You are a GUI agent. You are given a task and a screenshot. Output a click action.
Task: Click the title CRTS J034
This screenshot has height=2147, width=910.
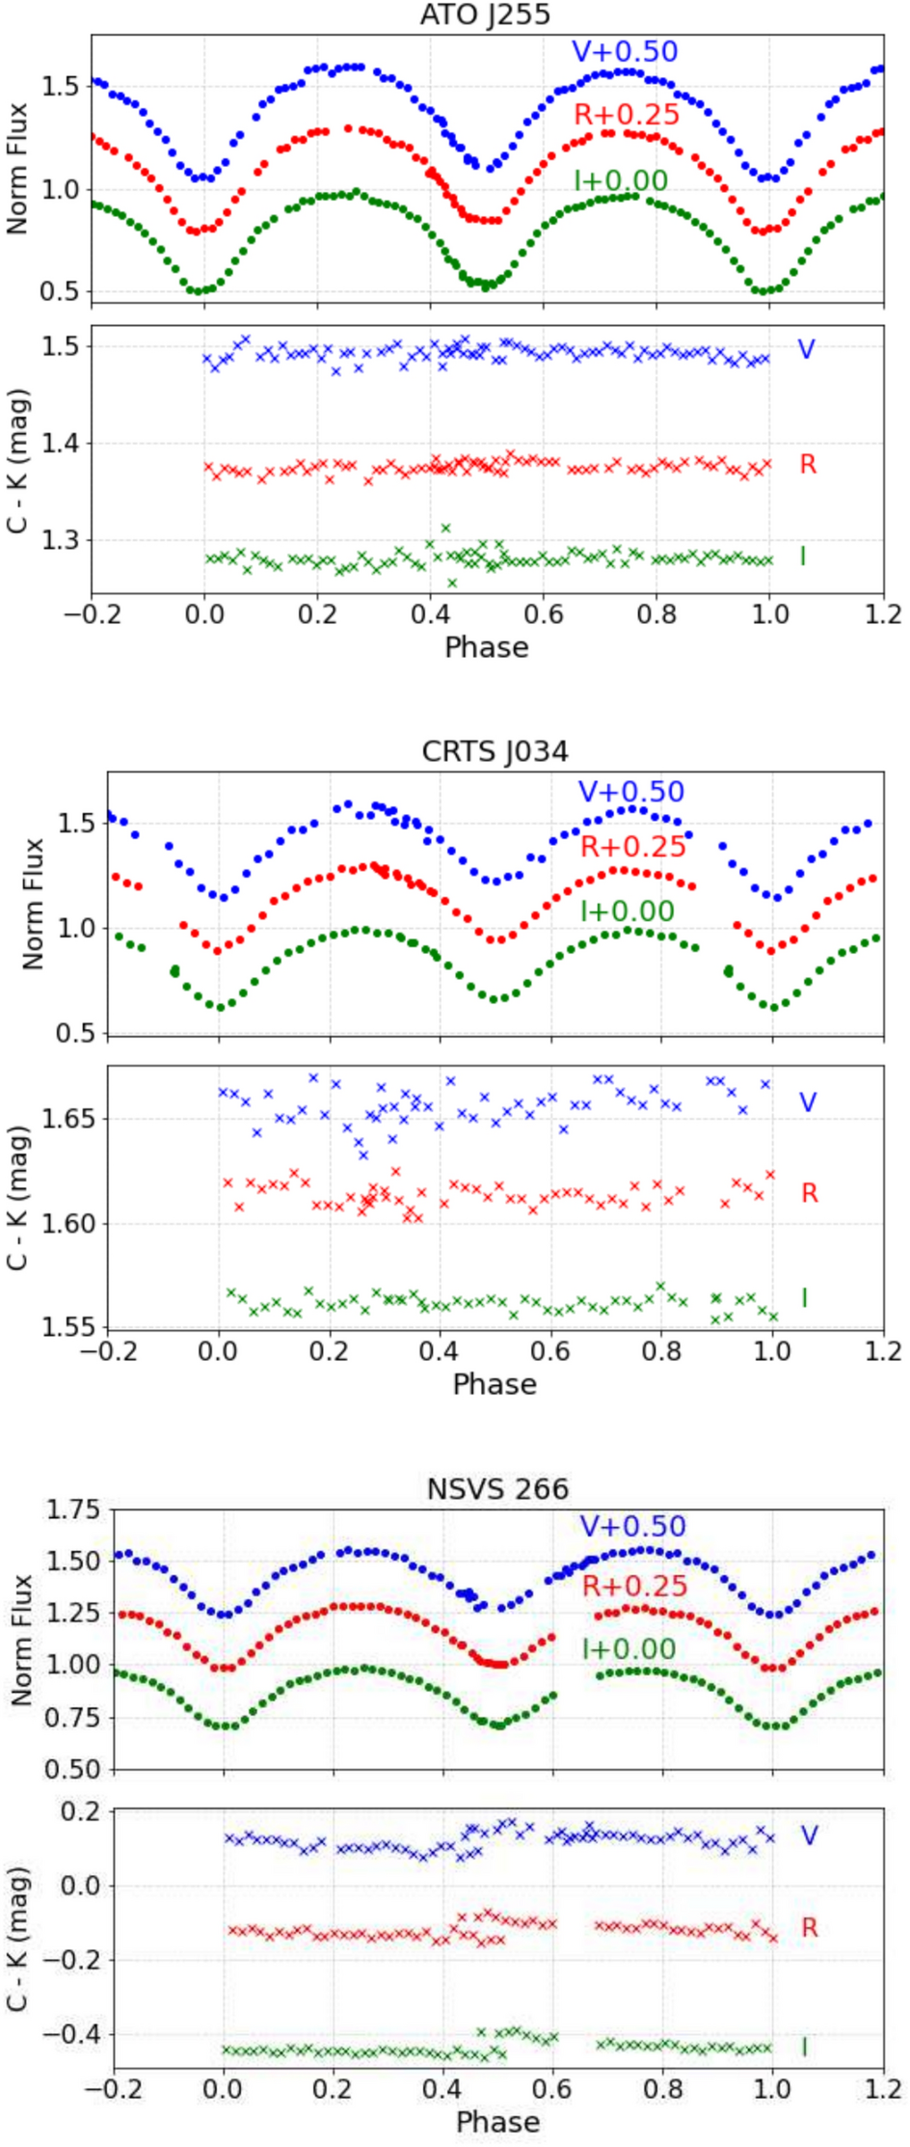pos(495,751)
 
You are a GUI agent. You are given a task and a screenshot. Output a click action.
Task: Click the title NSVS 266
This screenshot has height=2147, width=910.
pos(497,1488)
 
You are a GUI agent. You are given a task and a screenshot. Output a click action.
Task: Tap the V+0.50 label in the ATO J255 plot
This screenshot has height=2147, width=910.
pos(625,52)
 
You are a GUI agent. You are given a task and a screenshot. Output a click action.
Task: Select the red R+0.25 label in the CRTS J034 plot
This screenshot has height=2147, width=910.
pos(632,847)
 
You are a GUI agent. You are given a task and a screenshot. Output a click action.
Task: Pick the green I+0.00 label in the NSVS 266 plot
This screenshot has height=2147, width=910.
pos(628,1648)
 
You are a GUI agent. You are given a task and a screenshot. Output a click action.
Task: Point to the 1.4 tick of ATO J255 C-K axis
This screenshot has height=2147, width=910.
pos(62,444)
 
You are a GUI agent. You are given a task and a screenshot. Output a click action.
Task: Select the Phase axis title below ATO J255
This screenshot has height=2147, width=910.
pos(486,647)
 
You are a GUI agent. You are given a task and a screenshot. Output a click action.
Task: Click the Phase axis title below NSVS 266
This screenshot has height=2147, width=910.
pos(497,2122)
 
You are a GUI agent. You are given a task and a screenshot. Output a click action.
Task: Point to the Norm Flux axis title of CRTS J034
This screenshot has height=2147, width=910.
pos(33,904)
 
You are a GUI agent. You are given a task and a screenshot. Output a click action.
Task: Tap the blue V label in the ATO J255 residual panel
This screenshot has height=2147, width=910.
pos(806,349)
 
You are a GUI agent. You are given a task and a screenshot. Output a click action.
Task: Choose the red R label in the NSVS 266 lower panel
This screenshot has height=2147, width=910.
pos(809,1928)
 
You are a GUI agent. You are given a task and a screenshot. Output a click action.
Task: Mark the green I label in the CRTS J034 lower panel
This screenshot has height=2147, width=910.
pos(804,1298)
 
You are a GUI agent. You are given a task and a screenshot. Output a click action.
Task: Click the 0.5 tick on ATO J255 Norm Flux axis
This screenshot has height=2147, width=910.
pos(62,292)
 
